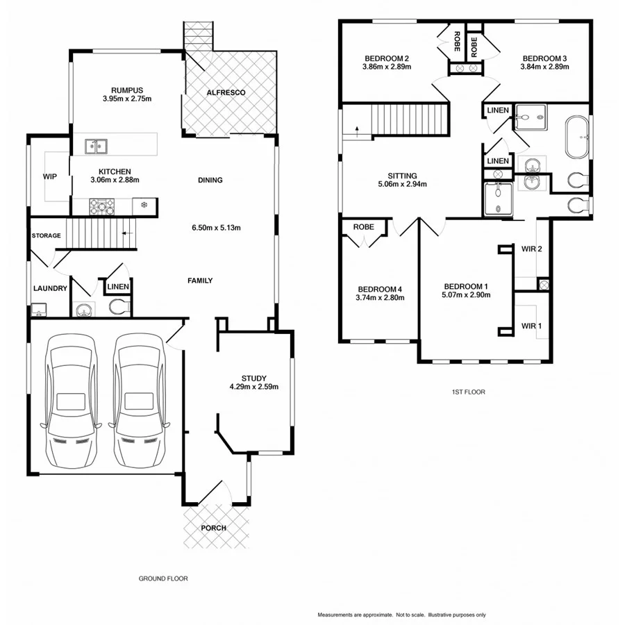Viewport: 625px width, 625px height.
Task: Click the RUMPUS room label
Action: [x=126, y=90]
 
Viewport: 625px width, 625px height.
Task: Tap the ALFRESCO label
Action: [x=226, y=92]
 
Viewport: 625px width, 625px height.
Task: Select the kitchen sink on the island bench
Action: [x=96, y=146]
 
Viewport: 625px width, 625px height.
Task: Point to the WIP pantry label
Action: [x=49, y=176]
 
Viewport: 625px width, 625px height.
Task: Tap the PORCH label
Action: [x=213, y=528]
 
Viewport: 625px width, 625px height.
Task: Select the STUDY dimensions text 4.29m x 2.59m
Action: [x=254, y=387]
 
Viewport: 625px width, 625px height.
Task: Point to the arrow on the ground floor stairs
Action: [x=127, y=234]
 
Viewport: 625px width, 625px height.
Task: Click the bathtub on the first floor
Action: [x=578, y=138]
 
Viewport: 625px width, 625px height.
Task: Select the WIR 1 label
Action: [x=531, y=325]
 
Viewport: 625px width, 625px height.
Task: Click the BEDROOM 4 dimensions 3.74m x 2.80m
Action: [x=380, y=297]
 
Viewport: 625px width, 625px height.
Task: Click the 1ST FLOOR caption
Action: [x=468, y=392]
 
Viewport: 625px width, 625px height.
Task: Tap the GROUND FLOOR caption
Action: [x=163, y=578]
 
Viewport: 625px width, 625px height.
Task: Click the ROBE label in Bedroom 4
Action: [x=364, y=227]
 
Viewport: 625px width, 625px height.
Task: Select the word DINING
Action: [x=210, y=181]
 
